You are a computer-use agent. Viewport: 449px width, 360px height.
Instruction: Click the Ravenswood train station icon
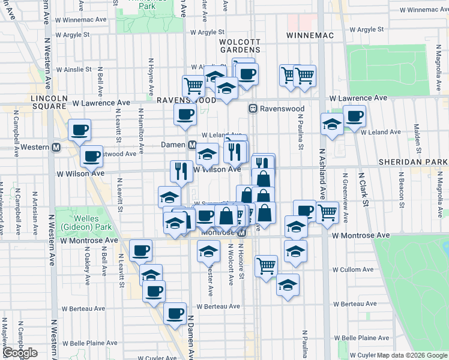click(253, 109)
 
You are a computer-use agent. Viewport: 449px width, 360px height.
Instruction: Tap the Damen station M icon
click(193, 145)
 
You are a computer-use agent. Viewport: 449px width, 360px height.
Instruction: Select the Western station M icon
click(56, 147)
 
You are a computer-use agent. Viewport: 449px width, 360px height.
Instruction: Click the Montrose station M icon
click(242, 232)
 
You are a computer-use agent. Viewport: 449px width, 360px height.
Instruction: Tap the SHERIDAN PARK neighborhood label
click(423, 162)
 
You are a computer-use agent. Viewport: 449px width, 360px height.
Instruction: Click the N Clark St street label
click(364, 191)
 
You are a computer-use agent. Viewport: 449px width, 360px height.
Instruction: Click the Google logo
click(20, 353)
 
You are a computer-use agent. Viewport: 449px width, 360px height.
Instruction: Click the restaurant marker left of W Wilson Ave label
click(181, 171)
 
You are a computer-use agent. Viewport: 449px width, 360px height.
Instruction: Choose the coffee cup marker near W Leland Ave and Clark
click(354, 115)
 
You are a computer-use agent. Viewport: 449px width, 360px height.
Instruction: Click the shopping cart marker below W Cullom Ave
click(266, 265)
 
